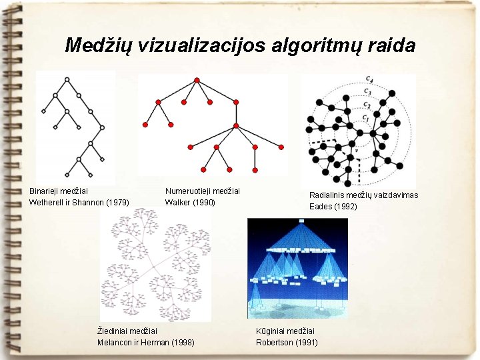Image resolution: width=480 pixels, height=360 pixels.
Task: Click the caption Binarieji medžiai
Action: pos(59,191)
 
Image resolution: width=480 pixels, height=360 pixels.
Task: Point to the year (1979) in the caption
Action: pos(117,202)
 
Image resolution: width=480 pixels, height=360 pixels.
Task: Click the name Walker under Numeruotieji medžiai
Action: pos(178,202)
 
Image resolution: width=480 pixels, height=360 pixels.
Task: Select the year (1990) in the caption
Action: pos(204,202)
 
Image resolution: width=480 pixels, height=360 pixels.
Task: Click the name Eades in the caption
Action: pos(320,207)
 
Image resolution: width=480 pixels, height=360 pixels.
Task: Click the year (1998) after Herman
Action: pos(183,343)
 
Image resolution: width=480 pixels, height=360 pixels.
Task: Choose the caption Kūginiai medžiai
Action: pos(285,331)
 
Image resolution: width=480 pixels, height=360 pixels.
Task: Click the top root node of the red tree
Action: pos(197,80)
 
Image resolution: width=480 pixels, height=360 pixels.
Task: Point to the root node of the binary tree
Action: pos(67,79)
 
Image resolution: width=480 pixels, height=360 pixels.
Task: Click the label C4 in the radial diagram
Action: pos(369,80)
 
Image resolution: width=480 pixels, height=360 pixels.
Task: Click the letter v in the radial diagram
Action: pos(357,150)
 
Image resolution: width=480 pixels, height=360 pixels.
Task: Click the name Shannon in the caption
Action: pos(89,202)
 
